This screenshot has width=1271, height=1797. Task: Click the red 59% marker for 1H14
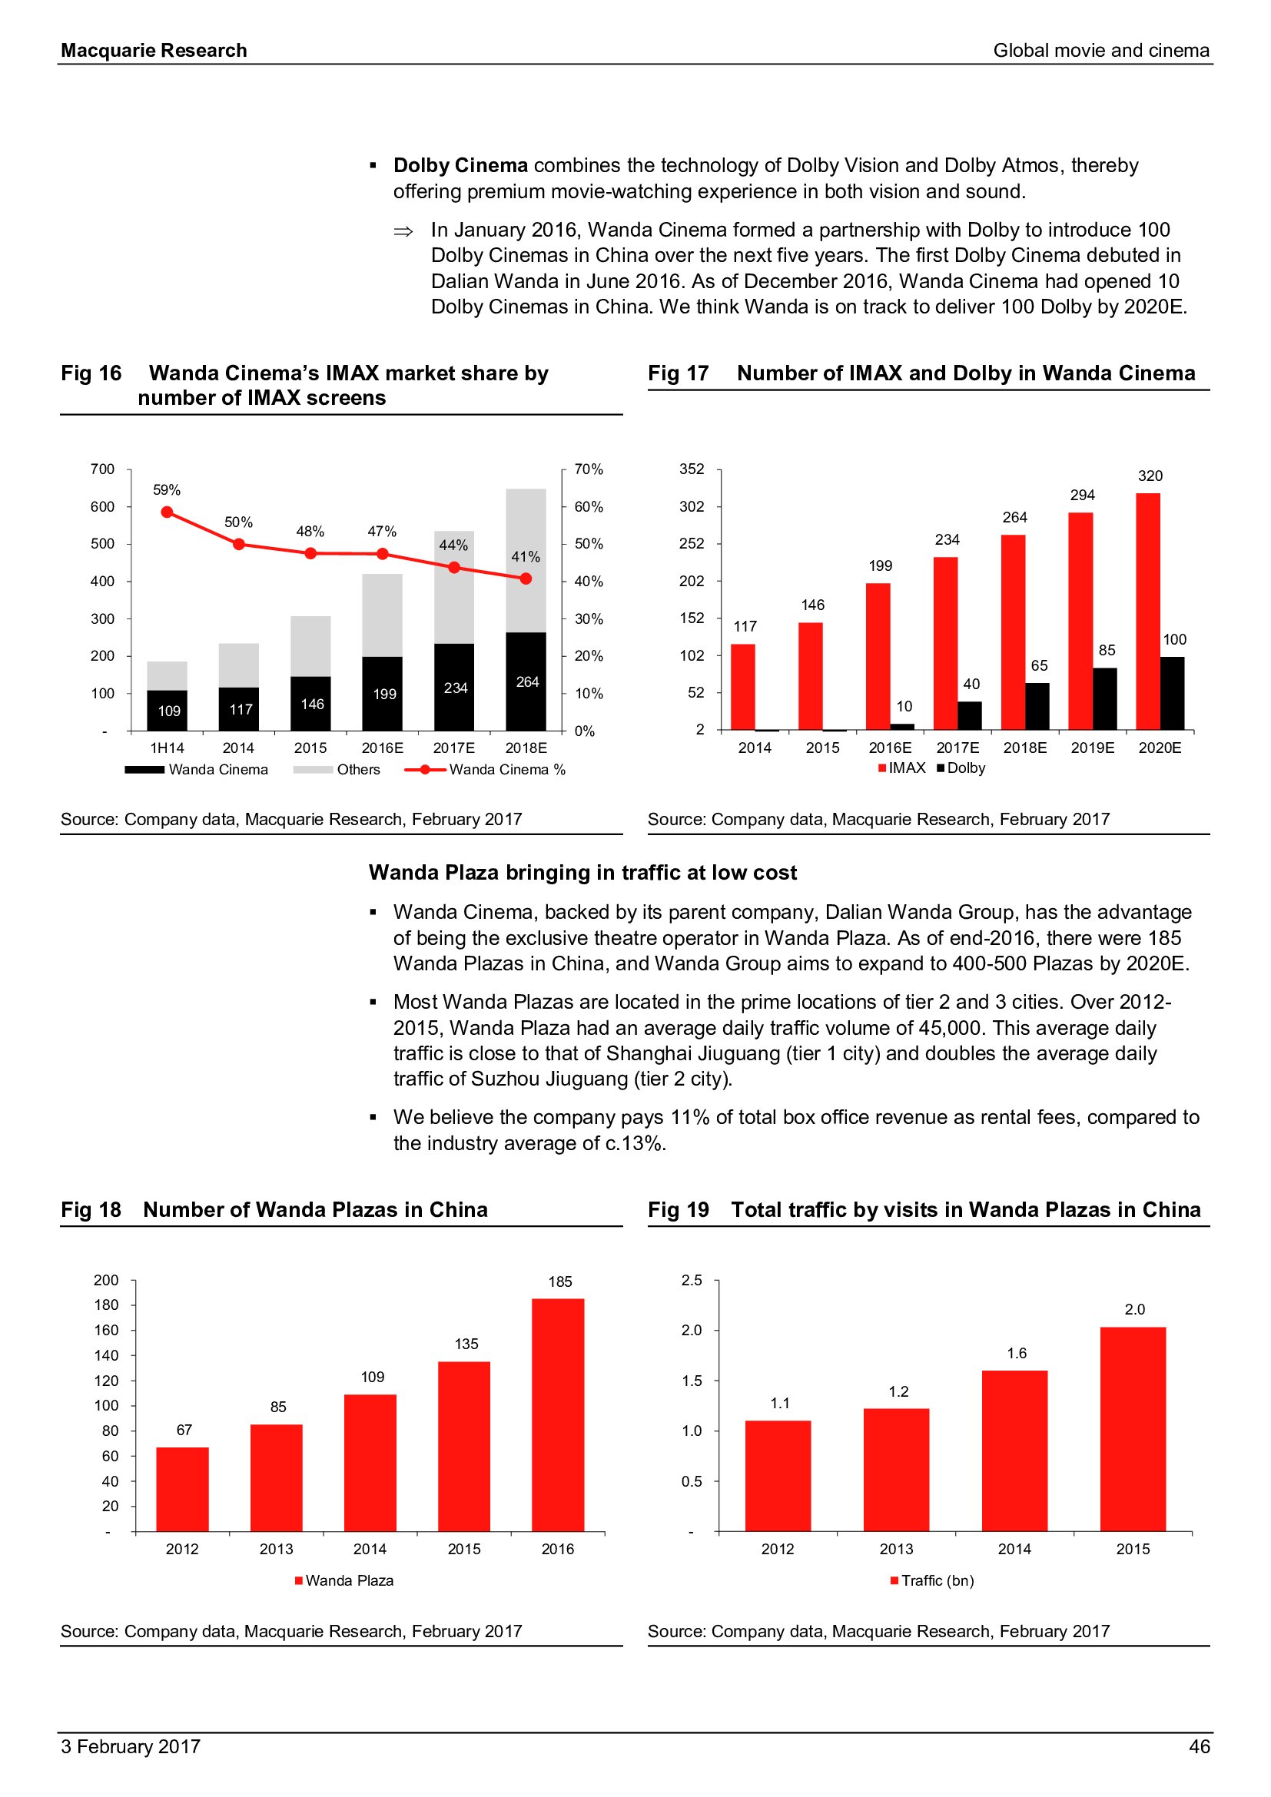tap(167, 512)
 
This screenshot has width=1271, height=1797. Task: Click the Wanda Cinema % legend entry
tap(485, 769)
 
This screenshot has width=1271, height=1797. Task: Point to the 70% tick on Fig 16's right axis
tap(589, 469)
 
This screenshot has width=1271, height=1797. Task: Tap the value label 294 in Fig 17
tap(1083, 495)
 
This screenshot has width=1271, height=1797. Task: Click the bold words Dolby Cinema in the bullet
tap(460, 165)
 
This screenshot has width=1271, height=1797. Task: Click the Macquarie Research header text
tap(154, 50)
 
